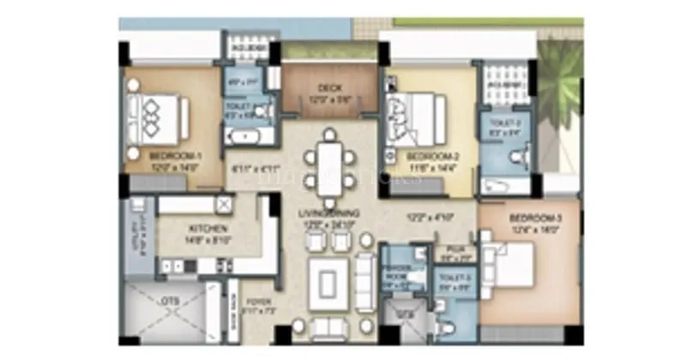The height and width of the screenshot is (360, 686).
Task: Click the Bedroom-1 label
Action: pyautogui.click(x=175, y=156)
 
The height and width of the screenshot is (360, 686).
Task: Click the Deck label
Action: pyautogui.click(x=329, y=87)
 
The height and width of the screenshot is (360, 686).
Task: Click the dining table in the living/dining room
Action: pyautogui.click(x=329, y=165)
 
